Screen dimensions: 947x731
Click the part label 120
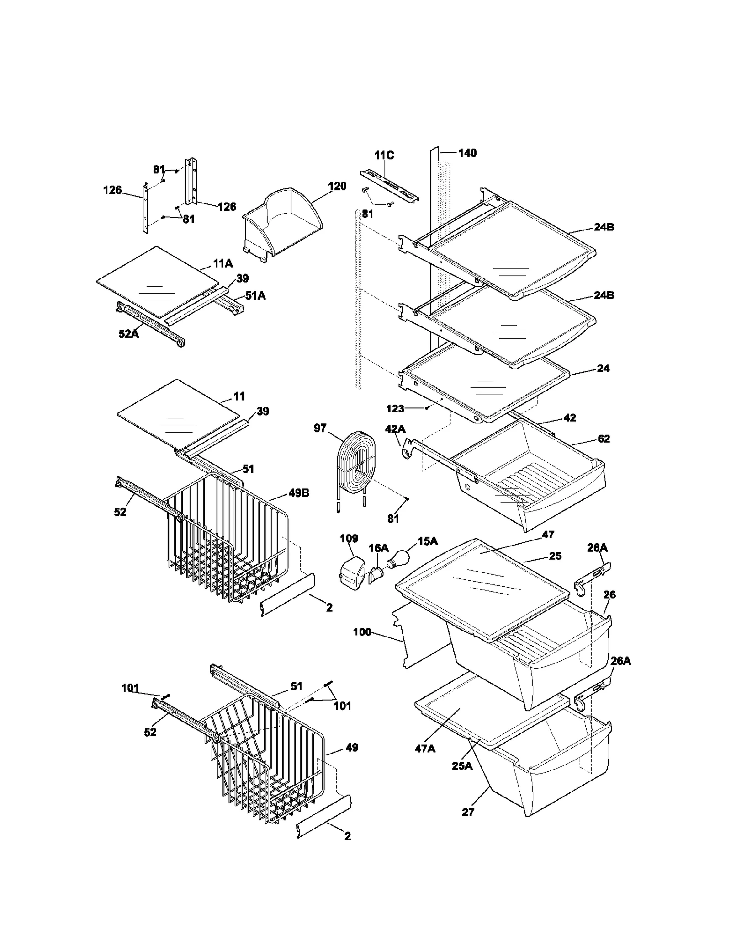pyautogui.click(x=337, y=186)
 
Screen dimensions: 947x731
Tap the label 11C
pyautogui.click(x=384, y=155)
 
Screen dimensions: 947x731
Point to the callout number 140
pyautogui.click(x=467, y=153)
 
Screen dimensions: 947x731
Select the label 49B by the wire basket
pyautogui.click(x=299, y=493)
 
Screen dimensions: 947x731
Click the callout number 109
pyautogui.click(x=349, y=539)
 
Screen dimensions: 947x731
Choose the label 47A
pyautogui.click(x=425, y=749)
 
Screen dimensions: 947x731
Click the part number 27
pyautogui.click(x=468, y=813)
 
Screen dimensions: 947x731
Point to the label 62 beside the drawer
pyautogui.click(x=604, y=439)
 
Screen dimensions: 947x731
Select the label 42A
pyautogui.click(x=395, y=429)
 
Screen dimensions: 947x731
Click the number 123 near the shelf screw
pyautogui.click(x=395, y=409)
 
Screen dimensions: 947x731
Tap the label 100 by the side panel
pyautogui.click(x=362, y=632)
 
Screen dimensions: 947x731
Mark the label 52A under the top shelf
pyautogui.click(x=129, y=334)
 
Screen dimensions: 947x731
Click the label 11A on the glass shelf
pyautogui.click(x=222, y=263)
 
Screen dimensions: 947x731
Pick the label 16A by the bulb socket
pyautogui.click(x=378, y=548)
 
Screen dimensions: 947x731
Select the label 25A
pyautogui.click(x=462, y=765)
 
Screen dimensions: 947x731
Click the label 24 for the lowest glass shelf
pyautogui.click(x=603, y=369)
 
